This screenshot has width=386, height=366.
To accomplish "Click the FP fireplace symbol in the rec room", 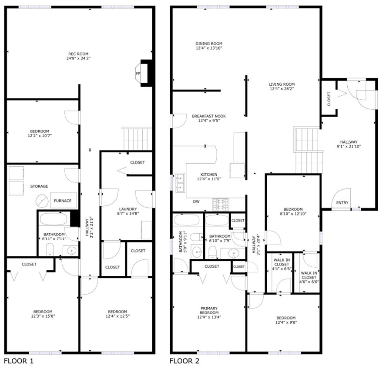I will (x=138, y=74).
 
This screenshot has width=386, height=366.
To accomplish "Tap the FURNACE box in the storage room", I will (x=63, y=201).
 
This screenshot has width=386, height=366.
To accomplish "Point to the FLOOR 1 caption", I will (x=18, y=361).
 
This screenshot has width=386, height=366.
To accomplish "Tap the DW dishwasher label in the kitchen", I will (x=196, y=201).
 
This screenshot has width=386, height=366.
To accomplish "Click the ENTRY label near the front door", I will (x=342, y=203).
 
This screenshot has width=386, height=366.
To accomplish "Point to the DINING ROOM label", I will (x=209, y=44).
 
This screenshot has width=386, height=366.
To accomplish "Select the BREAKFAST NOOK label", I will (x=209, y=116).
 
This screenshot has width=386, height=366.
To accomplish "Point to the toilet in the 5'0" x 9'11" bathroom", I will (x=198, y=237).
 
